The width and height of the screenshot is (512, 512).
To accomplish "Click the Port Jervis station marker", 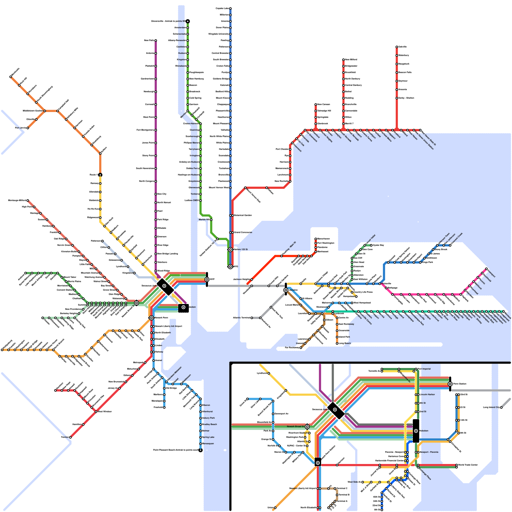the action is pyautogui.click(x=28, y=128).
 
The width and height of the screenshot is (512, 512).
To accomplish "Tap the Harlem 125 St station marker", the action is pyautogui.click(x=230, y=250).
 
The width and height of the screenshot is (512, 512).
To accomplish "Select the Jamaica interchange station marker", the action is pyautogui.click(x=286, y=290).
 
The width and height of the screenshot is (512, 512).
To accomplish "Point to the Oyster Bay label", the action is pyautogui.click(x=378, y=245).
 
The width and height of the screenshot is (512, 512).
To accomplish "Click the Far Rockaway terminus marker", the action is pyautogui.click(x=301, y=348).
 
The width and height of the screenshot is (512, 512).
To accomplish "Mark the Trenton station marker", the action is pyautogui.click(x=70, y=437).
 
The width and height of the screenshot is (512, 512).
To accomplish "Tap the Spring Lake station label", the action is pyautogui.click(x=208, y=437).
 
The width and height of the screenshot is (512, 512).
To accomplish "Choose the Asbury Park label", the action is pyautogui.click(x=208, y=418).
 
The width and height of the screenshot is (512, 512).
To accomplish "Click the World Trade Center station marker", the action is pyautogui.click(x=457, y=465).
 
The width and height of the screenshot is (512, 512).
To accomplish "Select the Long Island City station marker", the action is pyautogui.click(x=501, y=408).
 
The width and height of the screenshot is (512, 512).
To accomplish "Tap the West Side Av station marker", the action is pyautogui.click(x=363, y=482).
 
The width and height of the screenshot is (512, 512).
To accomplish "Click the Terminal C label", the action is pyautogui.click(x=342, y=488).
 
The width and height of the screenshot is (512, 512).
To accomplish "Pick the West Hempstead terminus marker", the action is pyautogui.click(x=352, y=303).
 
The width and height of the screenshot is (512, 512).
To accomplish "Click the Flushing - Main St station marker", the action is pyautogui.click(x=282, y=256).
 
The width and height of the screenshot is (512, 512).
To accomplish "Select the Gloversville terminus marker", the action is pyautogui.click(x=188, y=21).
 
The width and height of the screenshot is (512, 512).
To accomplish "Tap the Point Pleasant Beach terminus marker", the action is pyautogui.click(x=201, y=450).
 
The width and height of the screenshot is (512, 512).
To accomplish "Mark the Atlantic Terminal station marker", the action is pyautogui.click(x=252, y=318).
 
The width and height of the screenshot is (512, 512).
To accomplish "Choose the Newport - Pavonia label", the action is pyautogui.click(x=429, y=452).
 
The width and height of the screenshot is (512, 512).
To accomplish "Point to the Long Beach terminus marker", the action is pyautogui.click(x=337, y=343).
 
